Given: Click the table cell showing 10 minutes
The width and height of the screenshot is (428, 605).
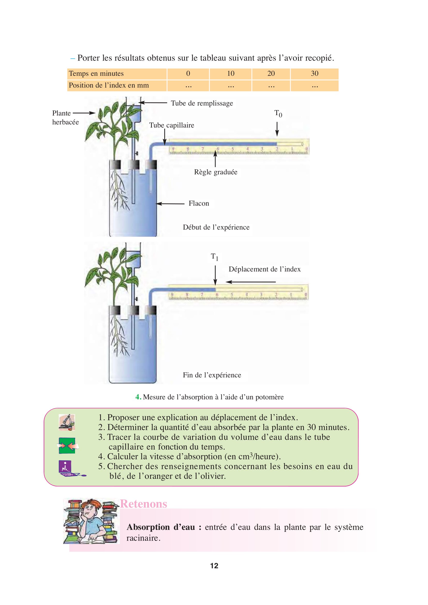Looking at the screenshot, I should pyautogui.click(x=231, y=73).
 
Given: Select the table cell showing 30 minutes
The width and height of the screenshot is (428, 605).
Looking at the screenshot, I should pyautogui.click(x=314, y=73).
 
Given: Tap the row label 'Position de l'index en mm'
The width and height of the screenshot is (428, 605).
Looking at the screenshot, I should pyautogui.click(x=109, y=85).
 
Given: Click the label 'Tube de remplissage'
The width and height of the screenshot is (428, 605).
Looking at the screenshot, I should pyautogui.click(x=202, y=103).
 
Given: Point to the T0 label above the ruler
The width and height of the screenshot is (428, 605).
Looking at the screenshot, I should pyautogui.click(x=278, y=114).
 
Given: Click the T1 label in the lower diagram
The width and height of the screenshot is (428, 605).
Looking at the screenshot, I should pyautogui.click(x=215, y=257).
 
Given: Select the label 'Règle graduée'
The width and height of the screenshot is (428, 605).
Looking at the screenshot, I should pyautogui.click(x=216, y=172).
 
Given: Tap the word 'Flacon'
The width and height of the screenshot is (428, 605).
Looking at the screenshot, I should pyautogui.click(x=199, y=203).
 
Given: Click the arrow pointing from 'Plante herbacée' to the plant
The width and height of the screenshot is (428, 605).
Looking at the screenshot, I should pyautogui.click(x=84, y=113).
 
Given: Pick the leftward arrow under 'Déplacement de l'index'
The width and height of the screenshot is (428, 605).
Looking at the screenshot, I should pyautogui.click(x=251, y=282).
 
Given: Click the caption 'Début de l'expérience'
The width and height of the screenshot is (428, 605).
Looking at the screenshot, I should pyautogui.click(x=216, y=227).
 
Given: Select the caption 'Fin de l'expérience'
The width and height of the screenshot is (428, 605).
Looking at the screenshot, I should pyautogui.click(x=212, y=375).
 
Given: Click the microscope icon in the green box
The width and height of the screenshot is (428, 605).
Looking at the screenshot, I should pyautogui.click(x=67, y=422).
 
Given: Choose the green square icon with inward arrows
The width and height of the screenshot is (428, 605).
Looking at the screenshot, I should pyautogui.click(x=68, y=446).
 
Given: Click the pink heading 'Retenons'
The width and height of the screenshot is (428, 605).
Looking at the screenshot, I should pyautogui.click(x=144, y=504).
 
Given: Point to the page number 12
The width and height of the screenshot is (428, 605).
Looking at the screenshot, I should pyautogui.click(x=214, y=566).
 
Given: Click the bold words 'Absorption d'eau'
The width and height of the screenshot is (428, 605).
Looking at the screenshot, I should pyautogui.click(x=161, y=527).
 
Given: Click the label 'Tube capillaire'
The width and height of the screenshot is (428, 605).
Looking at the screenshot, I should pyautogui.click(x=172, y=125).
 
